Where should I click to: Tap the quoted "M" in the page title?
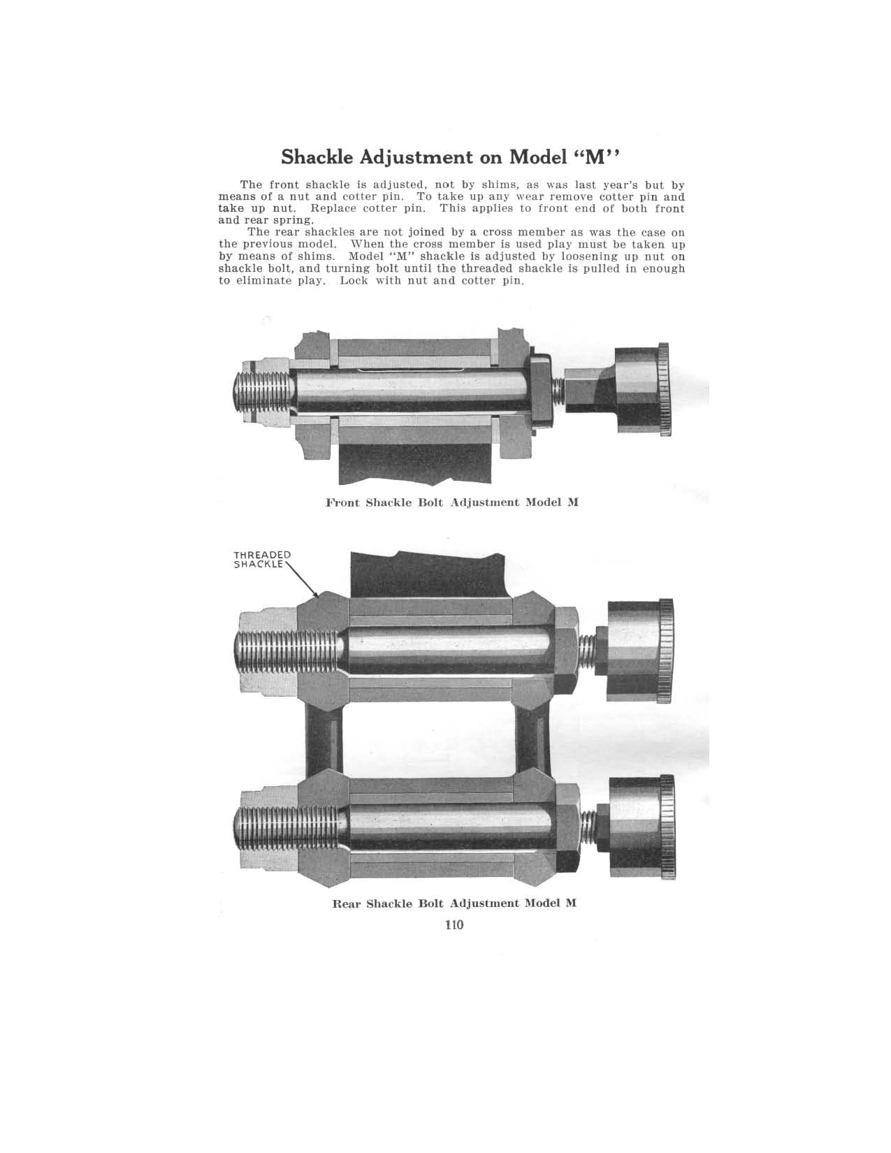[x=596, y=155]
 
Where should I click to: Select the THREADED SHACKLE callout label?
[x=261, y=560]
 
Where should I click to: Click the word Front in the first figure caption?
[x=343, y=502]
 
